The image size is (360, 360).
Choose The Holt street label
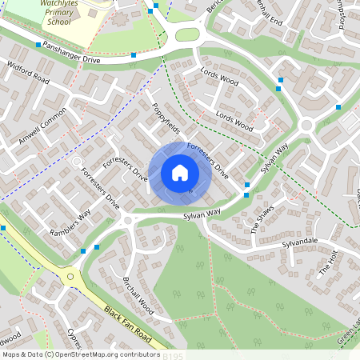330,262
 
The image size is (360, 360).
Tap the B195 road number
172,354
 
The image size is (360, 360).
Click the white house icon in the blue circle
180,173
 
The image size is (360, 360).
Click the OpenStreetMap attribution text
80,354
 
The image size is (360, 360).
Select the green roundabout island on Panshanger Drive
186,35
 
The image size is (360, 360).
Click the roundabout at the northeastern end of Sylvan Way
306,125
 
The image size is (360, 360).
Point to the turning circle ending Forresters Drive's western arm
78,162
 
